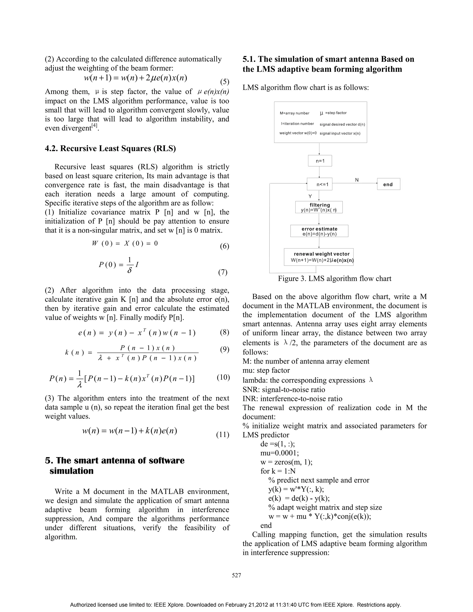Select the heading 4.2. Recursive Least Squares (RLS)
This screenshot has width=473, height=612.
(x=110, y=148)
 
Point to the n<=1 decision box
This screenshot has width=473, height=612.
(x=320, y=184)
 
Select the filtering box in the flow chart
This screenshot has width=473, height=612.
(x=319, y=207)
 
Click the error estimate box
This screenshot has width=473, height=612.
(x=319, y=231)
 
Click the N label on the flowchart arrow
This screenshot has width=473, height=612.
(x=357, y=180)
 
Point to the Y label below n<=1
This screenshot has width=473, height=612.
(x=310, y=196)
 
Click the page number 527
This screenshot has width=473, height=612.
(x=236, y=575)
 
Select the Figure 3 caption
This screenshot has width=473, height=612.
(x=335, y=279)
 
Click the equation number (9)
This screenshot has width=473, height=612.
(x=224, y=349)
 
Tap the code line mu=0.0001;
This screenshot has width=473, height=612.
(x=279, y=453)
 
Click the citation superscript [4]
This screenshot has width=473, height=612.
(x=94, y=126)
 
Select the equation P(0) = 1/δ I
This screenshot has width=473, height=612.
(x=119, y=265)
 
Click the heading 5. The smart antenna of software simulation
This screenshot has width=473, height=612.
(x=115, y=465)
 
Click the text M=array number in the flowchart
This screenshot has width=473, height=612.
(x=294, y=113)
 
